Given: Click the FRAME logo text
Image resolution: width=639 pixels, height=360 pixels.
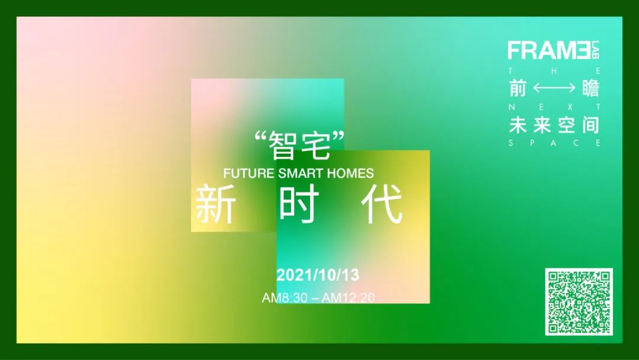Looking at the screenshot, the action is (x=549, y=50).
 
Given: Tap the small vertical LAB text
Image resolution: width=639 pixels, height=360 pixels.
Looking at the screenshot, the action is (x=596, y=50).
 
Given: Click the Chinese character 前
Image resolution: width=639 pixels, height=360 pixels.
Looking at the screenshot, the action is (x=518, y=88).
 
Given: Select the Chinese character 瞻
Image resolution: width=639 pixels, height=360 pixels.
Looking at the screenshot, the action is (x=590, y=88).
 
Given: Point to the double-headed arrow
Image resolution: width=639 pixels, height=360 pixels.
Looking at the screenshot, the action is (x=554, y=88).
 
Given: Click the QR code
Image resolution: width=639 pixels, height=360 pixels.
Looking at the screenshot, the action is (x=579, y=302).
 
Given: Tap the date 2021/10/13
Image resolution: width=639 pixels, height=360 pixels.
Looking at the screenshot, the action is (x=318, y=275).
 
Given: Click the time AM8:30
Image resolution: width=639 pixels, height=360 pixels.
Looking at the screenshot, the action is (x=285, y=298).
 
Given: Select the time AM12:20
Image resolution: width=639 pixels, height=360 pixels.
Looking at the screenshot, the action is (x=348, y=298).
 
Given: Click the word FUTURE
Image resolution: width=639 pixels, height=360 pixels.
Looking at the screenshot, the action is (x=248, y=173).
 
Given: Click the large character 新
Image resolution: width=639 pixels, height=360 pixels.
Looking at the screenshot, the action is (x=215, y=204).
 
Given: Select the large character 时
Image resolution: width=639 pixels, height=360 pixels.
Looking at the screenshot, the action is (x=299, y=204).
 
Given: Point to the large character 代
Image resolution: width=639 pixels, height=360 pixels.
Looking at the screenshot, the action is (x=382, y=204).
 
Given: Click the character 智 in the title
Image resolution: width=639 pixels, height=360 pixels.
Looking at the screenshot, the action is (x=282, y=146).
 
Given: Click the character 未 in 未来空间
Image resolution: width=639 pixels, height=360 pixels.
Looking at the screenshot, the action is (x=518, y=124).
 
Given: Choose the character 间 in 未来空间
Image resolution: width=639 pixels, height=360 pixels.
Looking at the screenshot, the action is (x=591, y=124).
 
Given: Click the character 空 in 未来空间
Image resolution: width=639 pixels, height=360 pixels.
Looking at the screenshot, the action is (x=566, y=124).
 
